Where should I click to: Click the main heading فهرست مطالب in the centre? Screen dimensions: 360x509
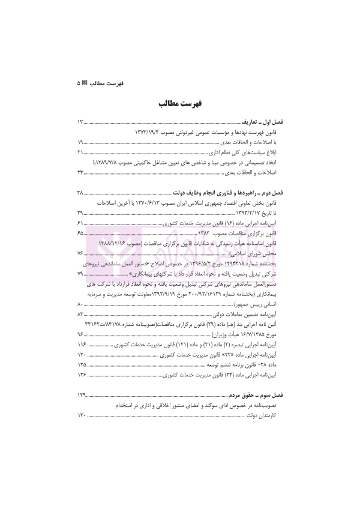pos(180,103)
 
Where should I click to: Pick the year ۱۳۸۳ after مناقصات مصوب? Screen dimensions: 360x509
pos(208,233)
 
